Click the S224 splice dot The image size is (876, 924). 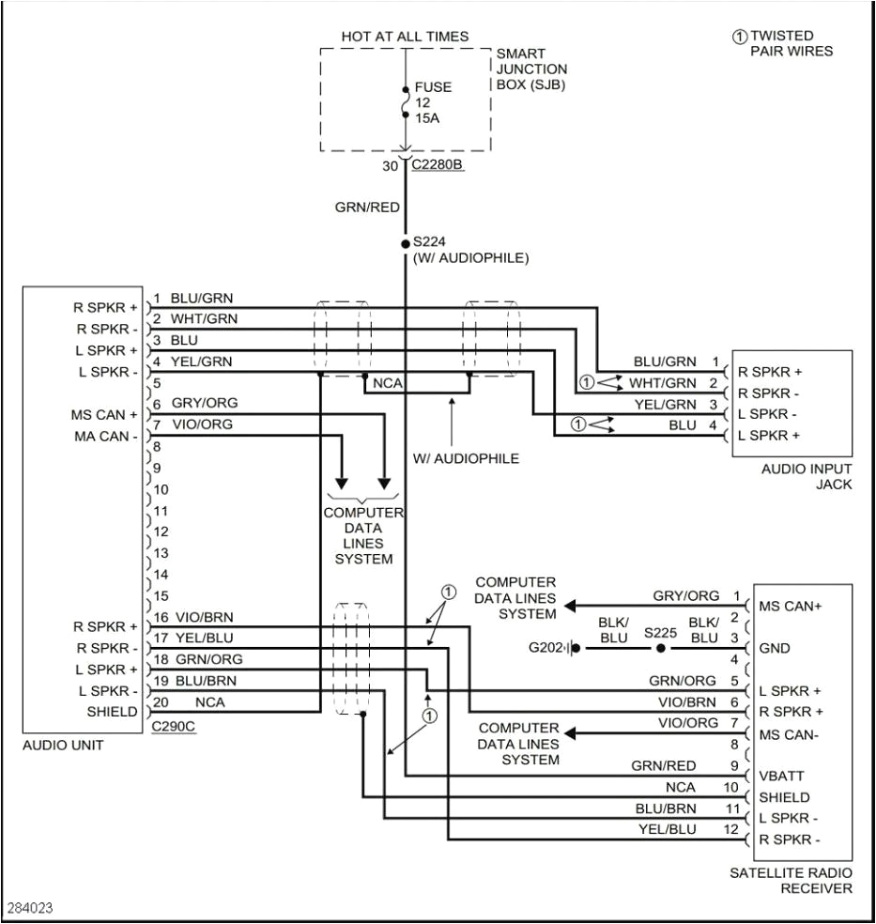click(406, 242)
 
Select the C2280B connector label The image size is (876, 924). click(438, 165)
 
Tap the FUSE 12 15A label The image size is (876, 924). click(433, 102)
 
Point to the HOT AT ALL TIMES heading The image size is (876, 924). click(405, 37)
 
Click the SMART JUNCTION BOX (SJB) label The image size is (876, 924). click(531, 69)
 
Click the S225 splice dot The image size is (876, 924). click(660, 649)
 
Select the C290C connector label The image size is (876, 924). click(174, 728)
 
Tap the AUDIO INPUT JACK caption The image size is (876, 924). click(807, 476)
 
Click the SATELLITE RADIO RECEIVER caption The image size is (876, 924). click(791, 880)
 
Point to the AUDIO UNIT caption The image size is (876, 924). click(62, 745)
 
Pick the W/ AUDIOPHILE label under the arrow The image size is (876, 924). click(466, 458)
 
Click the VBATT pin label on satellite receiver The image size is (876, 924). click(781, 777)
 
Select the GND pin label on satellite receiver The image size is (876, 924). click(775, 648)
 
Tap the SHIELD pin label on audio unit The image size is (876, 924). click(113, 712)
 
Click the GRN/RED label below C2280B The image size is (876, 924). click(367, 208)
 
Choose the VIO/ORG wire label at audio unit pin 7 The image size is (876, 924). click(202, 424)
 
